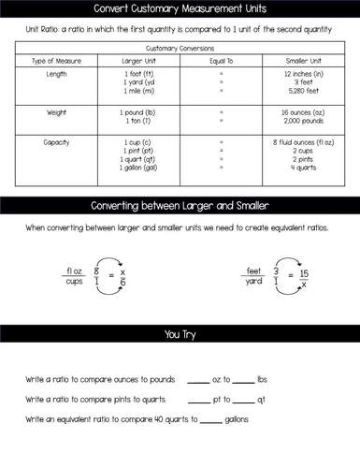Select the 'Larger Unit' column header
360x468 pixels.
(139, 60)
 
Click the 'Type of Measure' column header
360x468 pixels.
(57, 60)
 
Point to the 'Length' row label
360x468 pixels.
(56, 73)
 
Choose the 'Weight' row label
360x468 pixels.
(56, 111)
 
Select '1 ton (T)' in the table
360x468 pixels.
(139, 120)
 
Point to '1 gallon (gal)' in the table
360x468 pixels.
(139, 168)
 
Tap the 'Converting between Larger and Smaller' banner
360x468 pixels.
(180, 205)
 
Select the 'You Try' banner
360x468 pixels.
(180, 332)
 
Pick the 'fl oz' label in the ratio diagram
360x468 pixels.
(76, 271)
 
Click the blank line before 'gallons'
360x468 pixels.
(210, 420)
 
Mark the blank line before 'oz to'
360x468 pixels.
(197, 381)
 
